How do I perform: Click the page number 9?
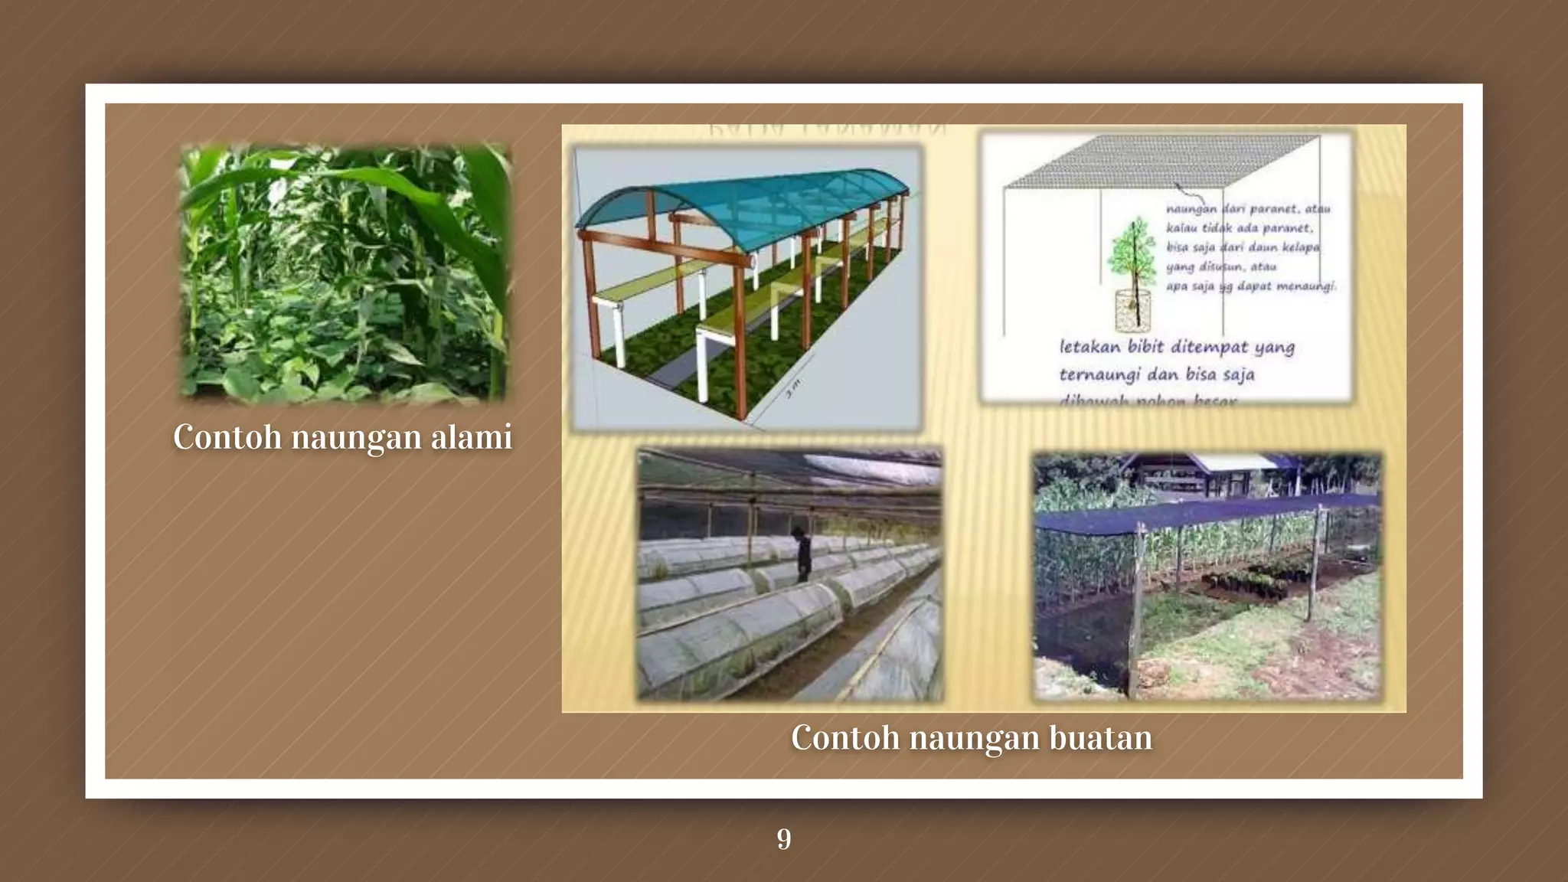(x=784, y=839)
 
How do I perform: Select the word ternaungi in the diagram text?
(x=1098, y=375)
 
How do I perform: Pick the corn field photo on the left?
(x=344, y=273)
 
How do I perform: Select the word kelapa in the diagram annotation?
(x=1301, y=247)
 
